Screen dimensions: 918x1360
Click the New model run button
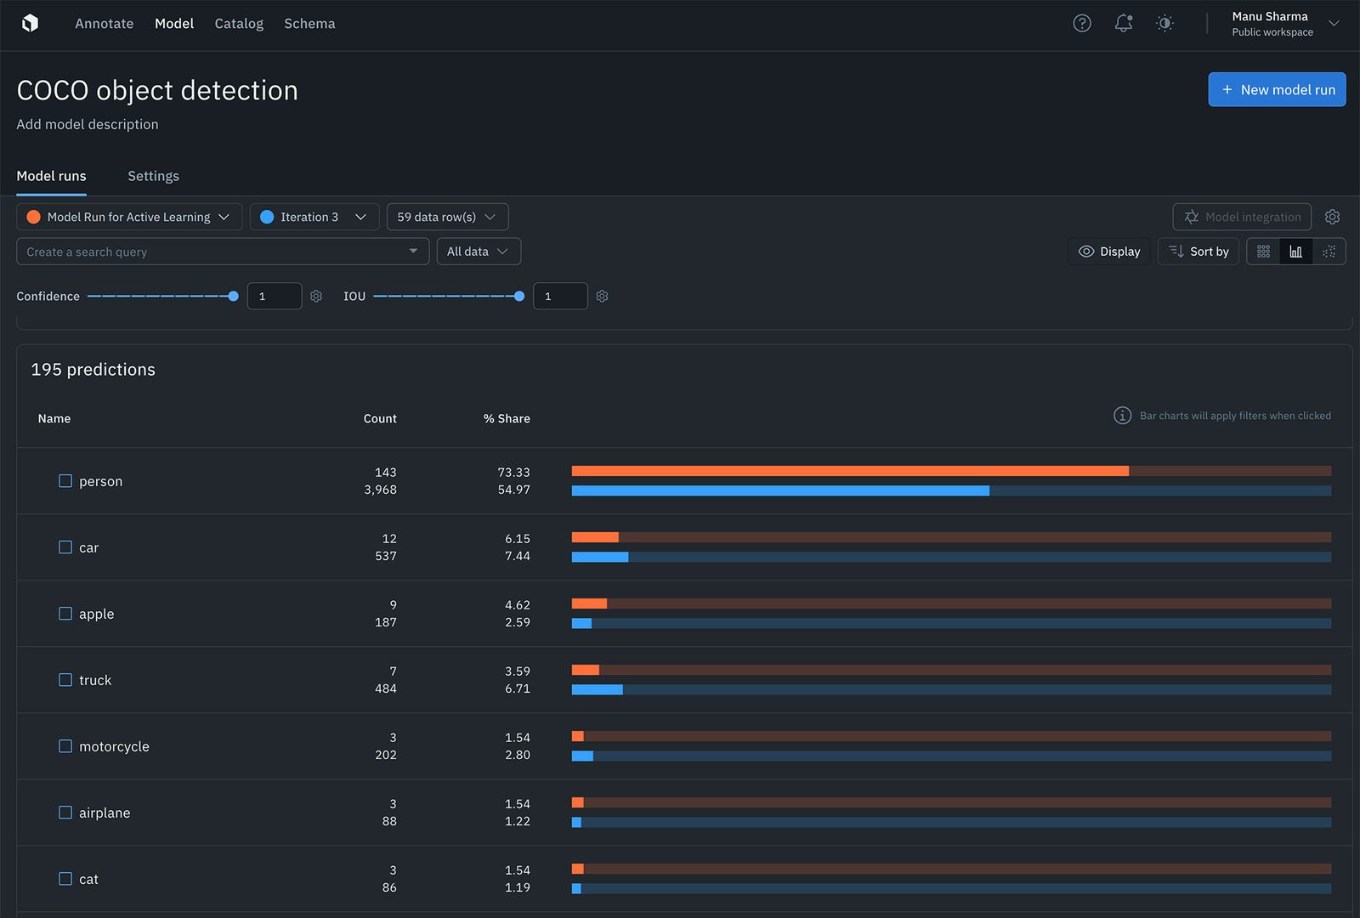[x=1277, y=89]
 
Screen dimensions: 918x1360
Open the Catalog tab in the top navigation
[x=239, y=24]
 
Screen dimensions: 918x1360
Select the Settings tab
[x=153, y=176]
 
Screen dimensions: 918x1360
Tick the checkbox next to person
[x=65, y=481]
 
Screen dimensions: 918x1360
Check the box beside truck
[x=65, y=680]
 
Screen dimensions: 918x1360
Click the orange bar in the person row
[x=850, y=471]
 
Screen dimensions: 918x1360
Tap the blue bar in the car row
[x=600, y=557]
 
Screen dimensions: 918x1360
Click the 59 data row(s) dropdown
[x=447, y=217]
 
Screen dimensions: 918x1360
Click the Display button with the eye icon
[x=1109, y=252]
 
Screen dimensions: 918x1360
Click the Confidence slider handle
[x=234, y=296]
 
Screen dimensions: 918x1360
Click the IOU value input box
[x=559, y=296]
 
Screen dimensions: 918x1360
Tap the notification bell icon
[x=1124, y=24]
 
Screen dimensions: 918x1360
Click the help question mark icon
[x=1082, y=24]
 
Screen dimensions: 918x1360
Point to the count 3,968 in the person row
[x=380, y=490]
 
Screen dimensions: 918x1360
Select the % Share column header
[x=507, y=418]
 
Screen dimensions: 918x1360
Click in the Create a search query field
[x=212, y=252]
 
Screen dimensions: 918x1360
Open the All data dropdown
[x=479, y=252]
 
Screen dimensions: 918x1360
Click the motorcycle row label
[x=114, y=746]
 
